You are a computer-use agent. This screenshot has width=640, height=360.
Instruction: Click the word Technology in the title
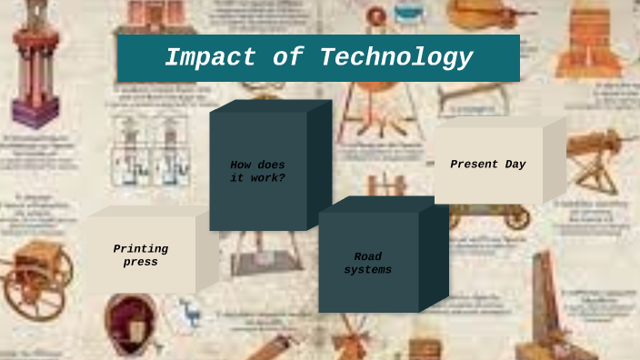395,57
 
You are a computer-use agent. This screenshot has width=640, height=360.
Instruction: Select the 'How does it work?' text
257,171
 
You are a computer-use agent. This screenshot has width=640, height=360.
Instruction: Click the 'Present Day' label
488,165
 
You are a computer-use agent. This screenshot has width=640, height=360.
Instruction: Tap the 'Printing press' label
140,255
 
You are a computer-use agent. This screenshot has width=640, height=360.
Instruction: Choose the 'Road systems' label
368,264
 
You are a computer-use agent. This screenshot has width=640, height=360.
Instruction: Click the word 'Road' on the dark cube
368,256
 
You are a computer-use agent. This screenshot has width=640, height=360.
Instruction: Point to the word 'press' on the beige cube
140,263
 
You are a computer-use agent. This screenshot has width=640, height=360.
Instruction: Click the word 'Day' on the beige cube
513,165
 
